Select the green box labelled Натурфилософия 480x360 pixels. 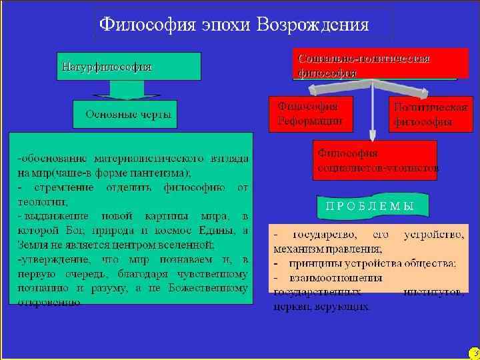coord(129,67)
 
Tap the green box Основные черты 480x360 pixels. coord(125,114)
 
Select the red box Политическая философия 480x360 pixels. coord(430,114)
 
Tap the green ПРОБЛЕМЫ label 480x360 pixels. coord(369,205)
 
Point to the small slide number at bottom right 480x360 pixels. coord(474,352)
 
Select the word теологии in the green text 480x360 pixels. coord(39,201)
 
